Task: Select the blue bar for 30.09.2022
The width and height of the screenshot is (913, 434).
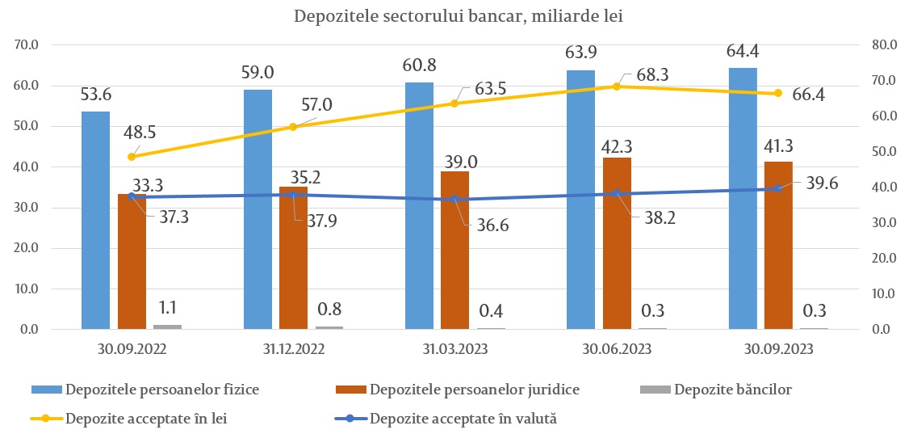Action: click(95, 220)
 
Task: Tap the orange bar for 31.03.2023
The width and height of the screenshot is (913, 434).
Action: click(454, 251)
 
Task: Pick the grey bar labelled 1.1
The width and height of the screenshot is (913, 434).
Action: click(167, 327)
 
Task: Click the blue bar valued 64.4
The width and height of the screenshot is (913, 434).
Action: click(743, 198)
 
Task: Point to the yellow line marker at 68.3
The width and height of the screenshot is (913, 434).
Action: click(618, 86)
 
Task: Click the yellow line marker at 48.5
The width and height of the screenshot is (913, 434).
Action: click(132, 156)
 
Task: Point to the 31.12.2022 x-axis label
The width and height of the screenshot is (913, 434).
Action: click(293, 349)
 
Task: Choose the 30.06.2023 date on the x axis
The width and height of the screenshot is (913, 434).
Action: click(618, 349)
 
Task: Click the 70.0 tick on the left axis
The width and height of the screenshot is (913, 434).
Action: click(27, 45)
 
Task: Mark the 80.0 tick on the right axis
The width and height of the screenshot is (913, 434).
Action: click(886, 45)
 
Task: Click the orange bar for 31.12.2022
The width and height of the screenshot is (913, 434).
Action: click(293, 258)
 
